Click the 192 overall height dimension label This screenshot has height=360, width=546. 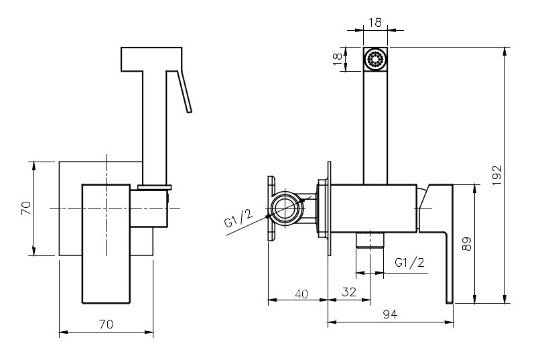click(x=496, y=176)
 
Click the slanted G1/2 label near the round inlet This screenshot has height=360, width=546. click(x=238, y=219)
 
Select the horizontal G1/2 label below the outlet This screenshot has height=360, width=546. click(x=409, y=263)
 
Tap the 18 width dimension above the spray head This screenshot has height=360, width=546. click(x=376, y=22)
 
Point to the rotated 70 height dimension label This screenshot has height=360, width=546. click(x=25, y=208)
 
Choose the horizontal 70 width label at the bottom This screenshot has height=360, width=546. click(x=106, y=324)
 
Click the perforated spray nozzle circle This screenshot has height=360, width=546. click(x=376, y=59)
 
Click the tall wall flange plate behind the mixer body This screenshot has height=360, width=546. click(x=329, y=208)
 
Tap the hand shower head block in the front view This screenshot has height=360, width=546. click(x=151, y=59)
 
